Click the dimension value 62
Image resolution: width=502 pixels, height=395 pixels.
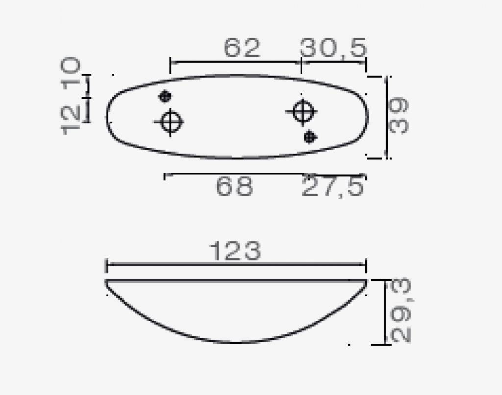[242, 48]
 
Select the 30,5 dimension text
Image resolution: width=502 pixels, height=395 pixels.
[333, 48]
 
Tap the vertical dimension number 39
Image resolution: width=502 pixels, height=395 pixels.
[399, 116]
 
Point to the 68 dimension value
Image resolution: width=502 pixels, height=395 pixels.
[234, 187]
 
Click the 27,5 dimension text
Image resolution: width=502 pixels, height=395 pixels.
[333, 187]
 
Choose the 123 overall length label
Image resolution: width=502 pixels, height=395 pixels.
[235, 251]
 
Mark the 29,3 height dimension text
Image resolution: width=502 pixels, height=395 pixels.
[401, 311]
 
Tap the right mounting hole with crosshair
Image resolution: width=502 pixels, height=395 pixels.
[301, 111]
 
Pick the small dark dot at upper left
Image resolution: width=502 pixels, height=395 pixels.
[165, 96]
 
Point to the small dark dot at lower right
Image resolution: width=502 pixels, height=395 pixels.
[309, 137]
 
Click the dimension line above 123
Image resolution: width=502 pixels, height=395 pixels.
[236, 265]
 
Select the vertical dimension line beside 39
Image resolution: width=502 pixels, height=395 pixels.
[387, 118]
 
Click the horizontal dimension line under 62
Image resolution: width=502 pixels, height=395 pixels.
[235, 62]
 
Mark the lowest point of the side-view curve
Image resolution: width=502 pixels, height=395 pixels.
[236, 342]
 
